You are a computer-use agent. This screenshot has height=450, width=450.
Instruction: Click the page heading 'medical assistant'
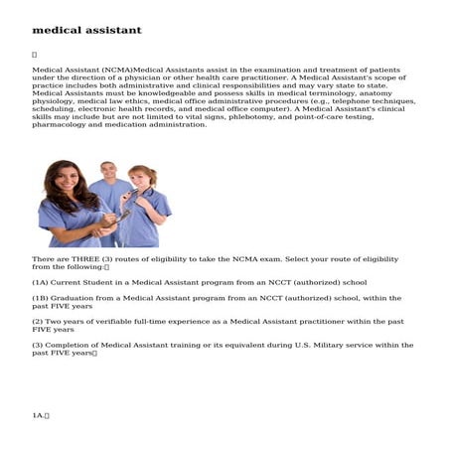86,30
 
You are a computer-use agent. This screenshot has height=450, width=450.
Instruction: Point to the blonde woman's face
140,180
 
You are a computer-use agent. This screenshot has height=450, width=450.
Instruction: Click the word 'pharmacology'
61,124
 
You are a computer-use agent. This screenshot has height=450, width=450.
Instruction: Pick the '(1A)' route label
43,282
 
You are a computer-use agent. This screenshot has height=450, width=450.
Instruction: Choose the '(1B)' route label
43,298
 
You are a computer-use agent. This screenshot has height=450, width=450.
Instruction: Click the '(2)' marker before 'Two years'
39,321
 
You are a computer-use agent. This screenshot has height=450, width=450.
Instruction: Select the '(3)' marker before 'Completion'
39,345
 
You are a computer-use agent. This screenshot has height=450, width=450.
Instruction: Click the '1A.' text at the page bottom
40,414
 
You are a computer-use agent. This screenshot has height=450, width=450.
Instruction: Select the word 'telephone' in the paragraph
349,101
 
